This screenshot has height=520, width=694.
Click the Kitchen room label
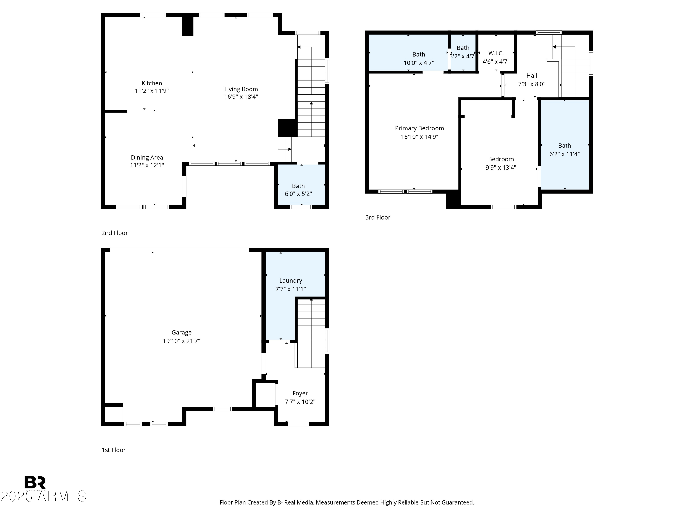152,83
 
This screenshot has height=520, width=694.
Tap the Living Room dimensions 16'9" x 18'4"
241,97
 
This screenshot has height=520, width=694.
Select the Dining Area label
147,158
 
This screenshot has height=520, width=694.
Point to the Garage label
181,333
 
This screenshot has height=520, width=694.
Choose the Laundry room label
291,281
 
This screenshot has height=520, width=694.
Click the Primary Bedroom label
419,128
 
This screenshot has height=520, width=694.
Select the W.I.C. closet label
496,53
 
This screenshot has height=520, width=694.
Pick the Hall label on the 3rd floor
531,76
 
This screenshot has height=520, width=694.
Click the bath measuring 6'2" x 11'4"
564,150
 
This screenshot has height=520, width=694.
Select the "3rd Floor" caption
378,217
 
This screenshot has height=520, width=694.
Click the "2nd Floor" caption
115,233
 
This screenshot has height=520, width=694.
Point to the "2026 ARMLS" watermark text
43,496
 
